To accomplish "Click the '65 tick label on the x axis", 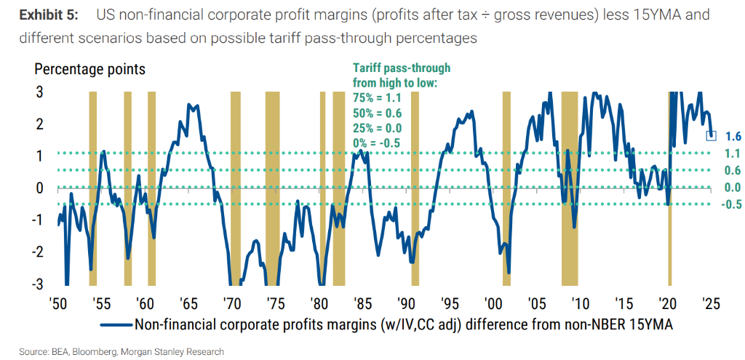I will (x=189, y=303).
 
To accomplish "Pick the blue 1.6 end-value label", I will (x=733, y=136).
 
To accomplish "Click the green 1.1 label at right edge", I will (x=733, y=153).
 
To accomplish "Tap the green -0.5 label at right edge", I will (x=731, y=204).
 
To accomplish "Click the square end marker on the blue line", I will (x=712, y=135).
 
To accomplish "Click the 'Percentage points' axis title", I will (x=90, y=70).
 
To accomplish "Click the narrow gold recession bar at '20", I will (x=669, y=189).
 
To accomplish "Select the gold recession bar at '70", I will (x=235, y=189).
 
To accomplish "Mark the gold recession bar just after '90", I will (x=415, y=189).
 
